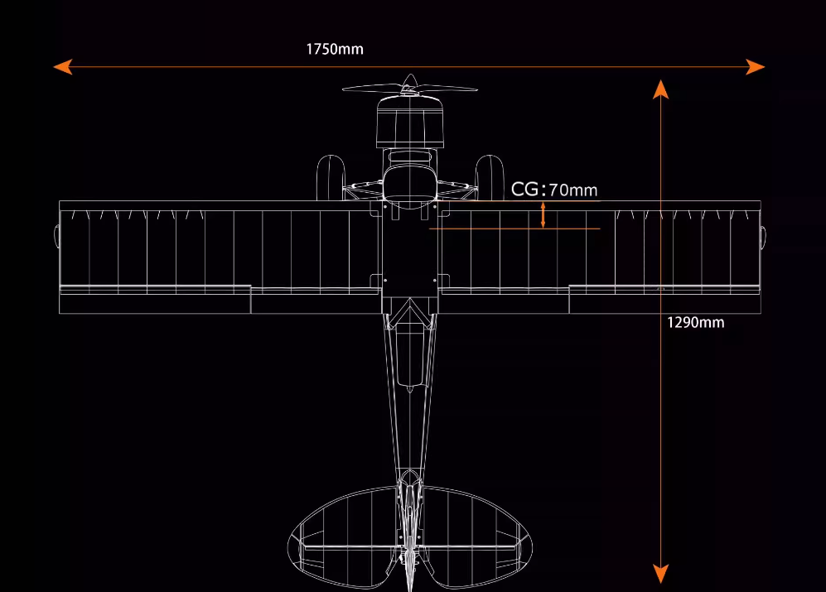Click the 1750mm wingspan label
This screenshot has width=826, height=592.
click(x=335, y=49)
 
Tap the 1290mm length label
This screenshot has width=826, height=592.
click(x=695, y=322)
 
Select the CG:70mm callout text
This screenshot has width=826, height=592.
click(x=553, y=190)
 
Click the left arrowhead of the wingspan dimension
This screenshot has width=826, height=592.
click(x=62, y=67)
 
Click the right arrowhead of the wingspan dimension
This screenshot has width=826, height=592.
click(x=756, y=67)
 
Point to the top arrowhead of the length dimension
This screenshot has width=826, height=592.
click(x=660, y=89)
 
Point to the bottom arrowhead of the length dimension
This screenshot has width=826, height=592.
click(x=660, y=573)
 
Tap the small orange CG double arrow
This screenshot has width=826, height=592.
click(x=543, y=214)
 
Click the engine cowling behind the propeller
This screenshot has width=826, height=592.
click(x=409, y=120)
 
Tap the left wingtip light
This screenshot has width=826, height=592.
click(x=56, y=236)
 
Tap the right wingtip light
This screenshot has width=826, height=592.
click(x=763, y=236)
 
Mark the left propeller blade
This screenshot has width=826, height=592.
click(x=371, y=88)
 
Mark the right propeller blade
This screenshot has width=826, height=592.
click(x=448, y=89)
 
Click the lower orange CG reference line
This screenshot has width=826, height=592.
click(x=514, y=229)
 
